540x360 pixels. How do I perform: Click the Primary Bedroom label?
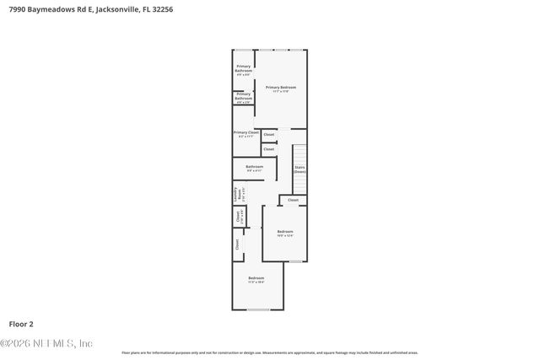280,89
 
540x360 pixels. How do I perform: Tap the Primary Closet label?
246,134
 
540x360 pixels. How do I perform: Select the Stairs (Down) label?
300,169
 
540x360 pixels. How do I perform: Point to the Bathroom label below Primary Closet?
254,168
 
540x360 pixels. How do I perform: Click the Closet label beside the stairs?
293,200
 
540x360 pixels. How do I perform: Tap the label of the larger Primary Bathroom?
244,70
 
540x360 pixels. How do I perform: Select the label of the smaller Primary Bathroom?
243,98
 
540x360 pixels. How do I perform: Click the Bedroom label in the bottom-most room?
256,280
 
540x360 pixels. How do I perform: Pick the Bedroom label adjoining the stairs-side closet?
285,233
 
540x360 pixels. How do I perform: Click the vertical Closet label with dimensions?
240,218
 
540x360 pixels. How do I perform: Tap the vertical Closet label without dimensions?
237,244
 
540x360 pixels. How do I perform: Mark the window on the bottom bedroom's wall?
257,309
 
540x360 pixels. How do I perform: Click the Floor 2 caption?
22,323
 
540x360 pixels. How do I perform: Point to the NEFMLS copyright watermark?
46,343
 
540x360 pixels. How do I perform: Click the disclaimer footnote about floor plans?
269,352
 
